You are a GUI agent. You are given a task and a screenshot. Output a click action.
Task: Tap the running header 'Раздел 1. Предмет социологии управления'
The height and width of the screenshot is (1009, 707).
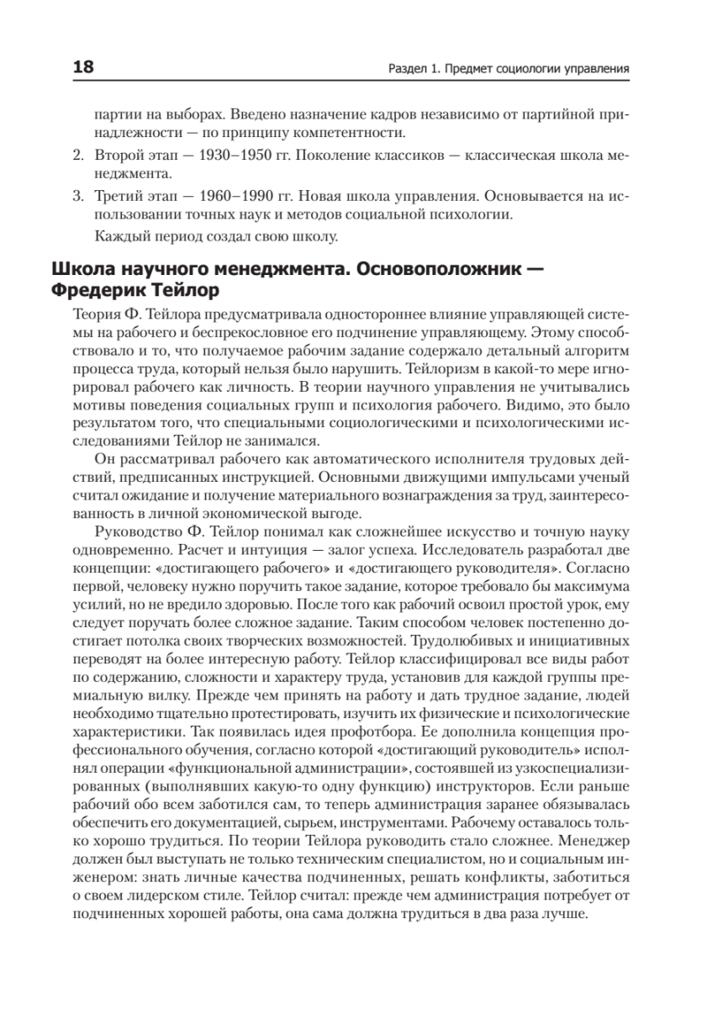click(504, 67)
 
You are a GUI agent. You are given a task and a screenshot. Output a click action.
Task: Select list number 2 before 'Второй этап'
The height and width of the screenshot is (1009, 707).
click(77, 156)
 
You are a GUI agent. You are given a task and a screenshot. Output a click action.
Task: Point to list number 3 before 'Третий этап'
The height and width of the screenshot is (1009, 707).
click(77, 196)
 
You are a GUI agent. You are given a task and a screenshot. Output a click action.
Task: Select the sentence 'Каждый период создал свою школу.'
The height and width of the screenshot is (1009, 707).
click(215, 235)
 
